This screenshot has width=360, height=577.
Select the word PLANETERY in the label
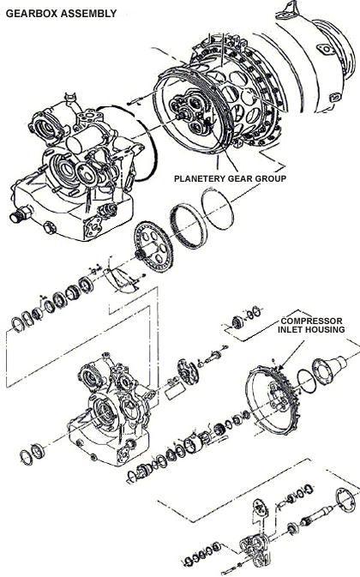pyautogui.click(x=200, y=179)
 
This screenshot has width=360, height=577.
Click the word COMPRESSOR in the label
pyautogui.click(x=311, y=321)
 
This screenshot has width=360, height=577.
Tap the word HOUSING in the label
pyautogui.click(x=327, y=329)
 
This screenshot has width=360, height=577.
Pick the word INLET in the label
pyautogui.click(x=291, y=329)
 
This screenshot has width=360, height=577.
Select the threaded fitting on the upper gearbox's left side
pyautogui.click(x=21, y=213)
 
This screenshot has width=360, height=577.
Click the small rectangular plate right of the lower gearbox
pyautogui.click(x=175, y=392)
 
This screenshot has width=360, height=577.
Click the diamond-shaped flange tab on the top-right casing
pyautogui.click(x=326, y=50)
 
